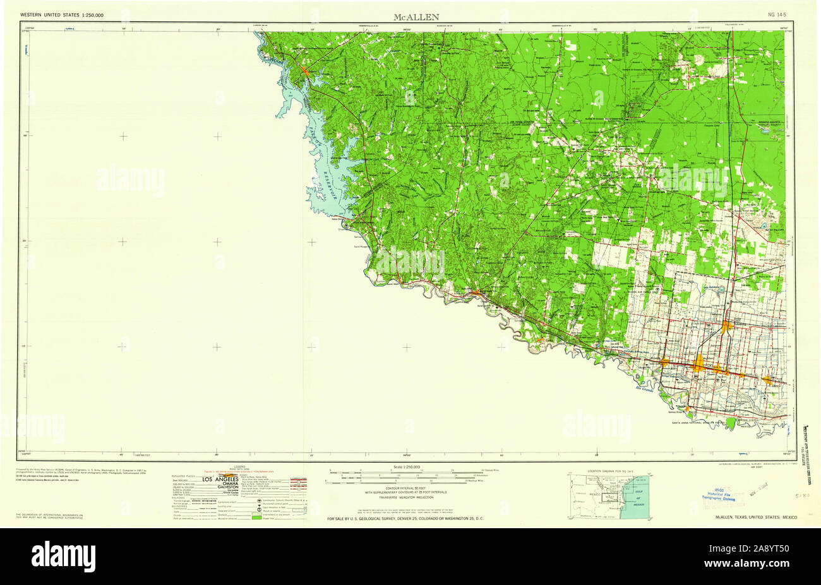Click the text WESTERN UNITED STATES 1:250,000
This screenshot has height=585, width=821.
(x=62, y=14)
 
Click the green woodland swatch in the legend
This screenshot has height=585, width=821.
(x=256, y=516)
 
